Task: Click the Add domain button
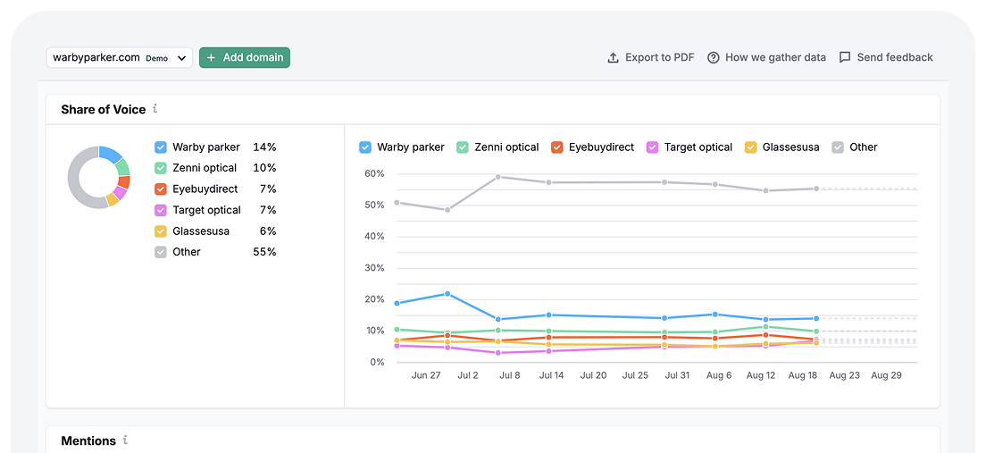(245, 57)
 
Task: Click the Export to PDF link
(650, 57)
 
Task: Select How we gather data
(766, 57)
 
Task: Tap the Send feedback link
(886, 57)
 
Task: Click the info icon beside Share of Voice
(155, 109)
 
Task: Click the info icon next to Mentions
(126, 440)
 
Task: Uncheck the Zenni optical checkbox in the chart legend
(463, 147)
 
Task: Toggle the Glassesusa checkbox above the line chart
(750, 147)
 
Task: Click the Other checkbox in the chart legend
(838, 147)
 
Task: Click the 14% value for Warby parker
(264, 147)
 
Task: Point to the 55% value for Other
(264, 252)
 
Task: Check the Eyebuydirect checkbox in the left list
(161, 189)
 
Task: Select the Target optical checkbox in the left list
(161, 210)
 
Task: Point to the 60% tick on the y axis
(373, 173)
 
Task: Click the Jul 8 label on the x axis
(510, 376)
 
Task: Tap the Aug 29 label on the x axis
(887, 376)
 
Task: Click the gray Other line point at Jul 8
(498, 176)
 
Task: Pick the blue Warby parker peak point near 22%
(447, 293)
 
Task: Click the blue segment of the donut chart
(112, 154)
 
